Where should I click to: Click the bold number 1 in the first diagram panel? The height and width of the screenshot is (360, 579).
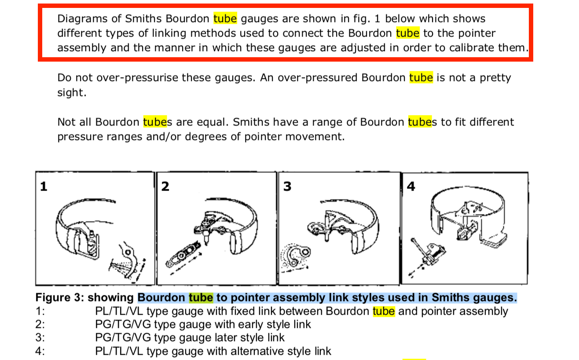44,187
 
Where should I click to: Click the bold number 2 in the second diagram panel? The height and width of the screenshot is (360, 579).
165,187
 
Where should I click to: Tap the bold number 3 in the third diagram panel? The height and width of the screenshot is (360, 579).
287,187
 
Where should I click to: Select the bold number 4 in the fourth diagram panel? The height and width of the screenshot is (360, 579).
411,187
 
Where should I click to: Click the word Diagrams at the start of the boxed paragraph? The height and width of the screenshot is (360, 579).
82,19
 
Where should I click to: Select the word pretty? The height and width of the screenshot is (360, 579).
495,78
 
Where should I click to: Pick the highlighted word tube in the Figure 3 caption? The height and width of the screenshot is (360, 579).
201,298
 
